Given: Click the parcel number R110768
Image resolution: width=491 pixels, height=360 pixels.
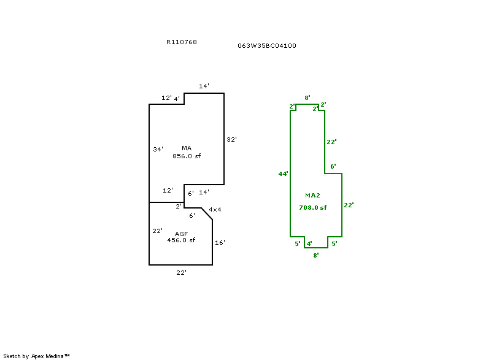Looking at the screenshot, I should click(x=181, y=42).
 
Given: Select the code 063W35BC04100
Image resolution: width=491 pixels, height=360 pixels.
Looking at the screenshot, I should click(x=267, y=45).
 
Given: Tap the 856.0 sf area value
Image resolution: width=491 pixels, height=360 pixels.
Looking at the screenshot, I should click(x=187, y=156).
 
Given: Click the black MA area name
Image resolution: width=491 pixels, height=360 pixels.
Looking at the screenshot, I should click(x=187, y=148).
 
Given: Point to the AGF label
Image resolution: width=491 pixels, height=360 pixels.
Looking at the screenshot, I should click(x=181, y=234).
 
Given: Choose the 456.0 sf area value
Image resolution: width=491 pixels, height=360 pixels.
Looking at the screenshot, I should click(x=181, y=240).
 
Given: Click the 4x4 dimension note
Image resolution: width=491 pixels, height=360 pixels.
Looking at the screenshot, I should click(x=215, y=210).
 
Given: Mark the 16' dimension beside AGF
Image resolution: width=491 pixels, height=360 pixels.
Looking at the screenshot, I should click(x=220, y=242).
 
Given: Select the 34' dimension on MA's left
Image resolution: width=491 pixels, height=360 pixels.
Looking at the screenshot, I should click(x=158, y=149).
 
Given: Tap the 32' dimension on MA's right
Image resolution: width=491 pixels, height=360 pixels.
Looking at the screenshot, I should click(x=231, y=139).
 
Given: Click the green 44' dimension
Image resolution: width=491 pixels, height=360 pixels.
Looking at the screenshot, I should click(x=283, y=174).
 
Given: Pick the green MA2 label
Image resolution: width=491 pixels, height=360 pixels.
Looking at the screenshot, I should click(x=312, y=195).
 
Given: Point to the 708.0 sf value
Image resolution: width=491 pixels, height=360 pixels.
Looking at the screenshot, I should click(x=312, y=207).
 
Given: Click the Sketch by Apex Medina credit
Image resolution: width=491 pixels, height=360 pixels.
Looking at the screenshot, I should click(x=36, y=356).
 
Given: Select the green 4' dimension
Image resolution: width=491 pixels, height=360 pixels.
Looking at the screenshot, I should click(x=309, y=243).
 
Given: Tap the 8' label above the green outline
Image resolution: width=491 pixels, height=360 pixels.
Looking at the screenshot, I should click(x=307, y=98).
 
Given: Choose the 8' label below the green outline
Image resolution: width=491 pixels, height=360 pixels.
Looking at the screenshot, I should click(x=316, y=255).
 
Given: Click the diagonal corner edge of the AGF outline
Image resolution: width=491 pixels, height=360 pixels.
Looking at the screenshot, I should click(x=207, y=214).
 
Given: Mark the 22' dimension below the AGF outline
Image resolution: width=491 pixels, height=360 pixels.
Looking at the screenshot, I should click(x=181, y=273).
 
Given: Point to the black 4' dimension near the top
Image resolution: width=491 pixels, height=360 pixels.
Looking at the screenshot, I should click(x=177, y=99).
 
